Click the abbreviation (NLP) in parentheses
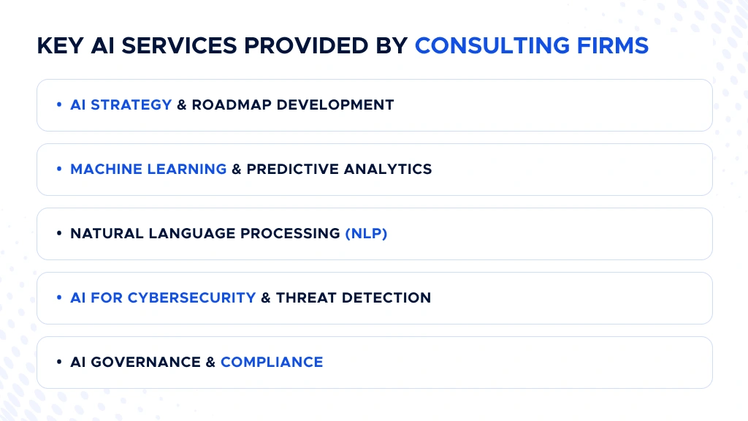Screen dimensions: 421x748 point(366,234)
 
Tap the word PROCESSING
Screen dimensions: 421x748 point(292,234)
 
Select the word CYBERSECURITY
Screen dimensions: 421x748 point(191,297)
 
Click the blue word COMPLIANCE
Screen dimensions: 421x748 point(272,362)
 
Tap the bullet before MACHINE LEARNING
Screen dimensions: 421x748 point(59,169)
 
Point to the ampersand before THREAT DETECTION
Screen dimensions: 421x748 point(266,297)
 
